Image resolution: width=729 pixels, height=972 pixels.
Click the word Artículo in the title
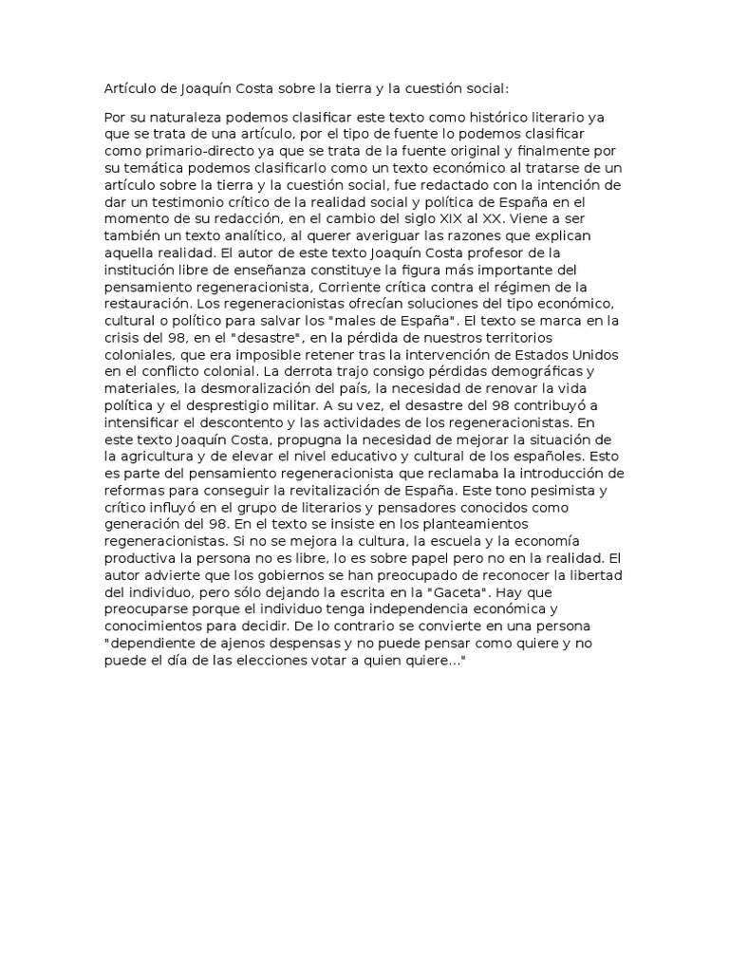[131, 88]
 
